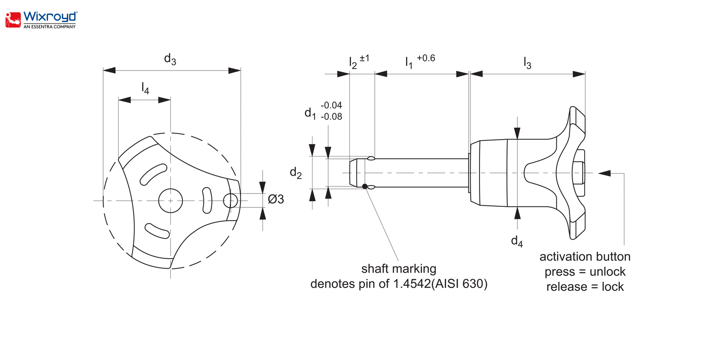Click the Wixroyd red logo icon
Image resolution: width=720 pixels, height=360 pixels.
[13, 20]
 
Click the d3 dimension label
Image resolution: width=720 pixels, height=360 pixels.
[170, 59]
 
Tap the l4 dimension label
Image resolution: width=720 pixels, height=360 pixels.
[145, 88]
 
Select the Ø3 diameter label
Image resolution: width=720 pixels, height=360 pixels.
[276, 199]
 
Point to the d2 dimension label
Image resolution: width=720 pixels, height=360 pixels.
[296, 173]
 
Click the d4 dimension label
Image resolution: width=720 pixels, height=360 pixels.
[517, 241]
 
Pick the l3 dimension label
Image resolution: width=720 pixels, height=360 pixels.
[528, 63]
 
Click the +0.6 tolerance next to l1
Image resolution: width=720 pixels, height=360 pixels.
[426, 58]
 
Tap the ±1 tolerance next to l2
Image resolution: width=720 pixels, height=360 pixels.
[364, 58]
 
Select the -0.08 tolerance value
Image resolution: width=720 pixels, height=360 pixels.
[331, 117]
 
